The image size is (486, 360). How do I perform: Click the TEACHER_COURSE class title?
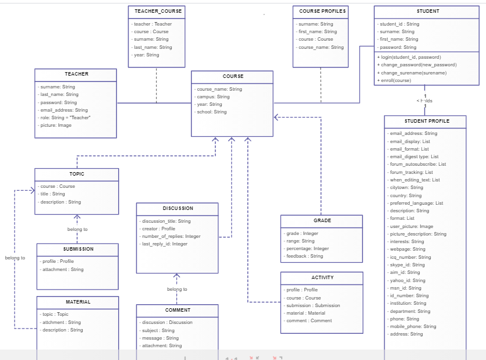point(158,11)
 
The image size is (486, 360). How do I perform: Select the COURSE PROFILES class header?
point(322,11)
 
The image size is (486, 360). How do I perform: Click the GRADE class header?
point(322,220)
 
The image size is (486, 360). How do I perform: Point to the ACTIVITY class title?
point(322,277)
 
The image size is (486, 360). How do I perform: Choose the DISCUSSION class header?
point(178,208)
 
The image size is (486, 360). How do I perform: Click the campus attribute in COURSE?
point(213,97)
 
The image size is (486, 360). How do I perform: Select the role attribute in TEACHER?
point(65,117)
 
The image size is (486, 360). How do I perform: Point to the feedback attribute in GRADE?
point(304,256)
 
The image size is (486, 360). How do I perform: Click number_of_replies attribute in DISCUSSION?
point(171,236)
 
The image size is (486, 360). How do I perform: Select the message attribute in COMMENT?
point(160,338)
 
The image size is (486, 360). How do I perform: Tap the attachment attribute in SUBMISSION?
point(62,269)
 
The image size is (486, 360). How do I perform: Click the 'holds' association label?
point(424,101)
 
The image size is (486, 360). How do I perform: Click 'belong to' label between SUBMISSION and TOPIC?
point(77,229)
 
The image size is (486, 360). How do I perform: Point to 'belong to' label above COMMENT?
point(177,289)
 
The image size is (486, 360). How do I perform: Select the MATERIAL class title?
point(77,302)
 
